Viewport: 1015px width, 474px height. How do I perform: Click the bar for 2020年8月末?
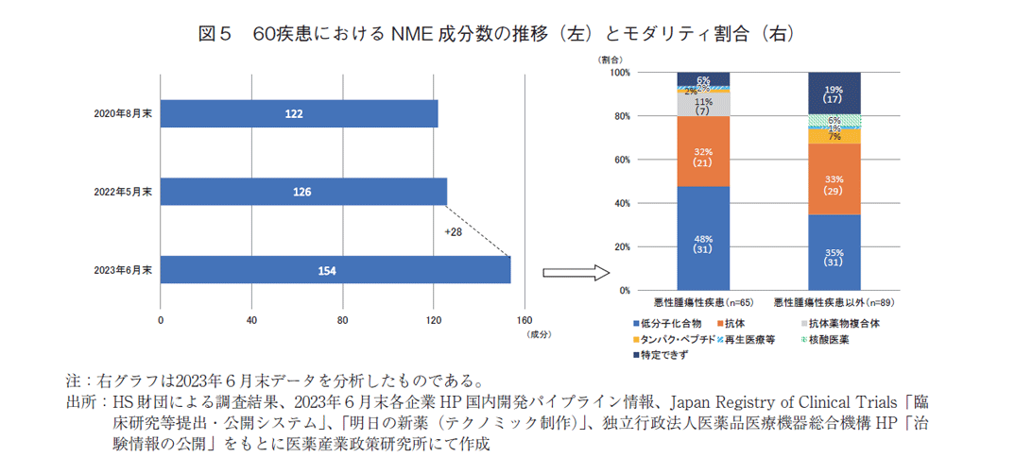(299, 113)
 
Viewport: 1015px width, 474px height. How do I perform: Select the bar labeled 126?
(303, 192)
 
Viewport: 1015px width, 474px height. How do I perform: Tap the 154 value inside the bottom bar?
(327, 270)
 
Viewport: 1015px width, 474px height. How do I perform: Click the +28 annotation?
(455, 231)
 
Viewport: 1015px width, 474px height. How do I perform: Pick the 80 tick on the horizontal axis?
(343, 320)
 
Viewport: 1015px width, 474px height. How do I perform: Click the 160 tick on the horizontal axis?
(525, 320)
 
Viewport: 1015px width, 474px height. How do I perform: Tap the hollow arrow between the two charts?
(575, 273)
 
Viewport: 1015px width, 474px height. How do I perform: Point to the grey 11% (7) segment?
(703, 105)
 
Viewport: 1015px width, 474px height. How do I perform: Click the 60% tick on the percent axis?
(620, 161)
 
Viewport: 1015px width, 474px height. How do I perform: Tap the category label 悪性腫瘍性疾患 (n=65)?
(702, 303)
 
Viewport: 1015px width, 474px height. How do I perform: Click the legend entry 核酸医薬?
(832, 338)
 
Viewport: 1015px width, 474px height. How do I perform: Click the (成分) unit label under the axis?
(538, 334)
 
